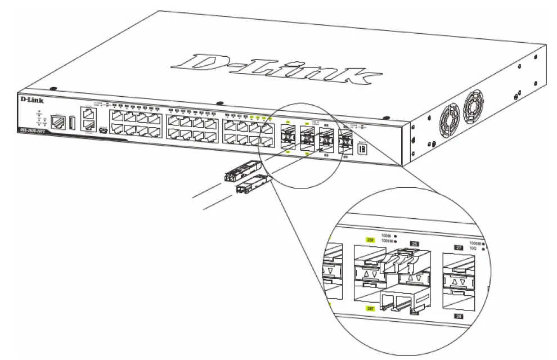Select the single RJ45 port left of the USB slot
tap(57, 121)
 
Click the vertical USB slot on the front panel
tap(73, 123)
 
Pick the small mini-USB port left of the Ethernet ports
tap(102, 131)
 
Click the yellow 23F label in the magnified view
tap(370, 239)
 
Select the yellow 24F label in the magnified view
tap(370, 308)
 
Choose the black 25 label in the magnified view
tap(415, 244)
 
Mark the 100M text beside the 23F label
tap(385, 236)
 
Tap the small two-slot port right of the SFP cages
tap(362, 149)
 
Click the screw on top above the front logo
tap(52, 89)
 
